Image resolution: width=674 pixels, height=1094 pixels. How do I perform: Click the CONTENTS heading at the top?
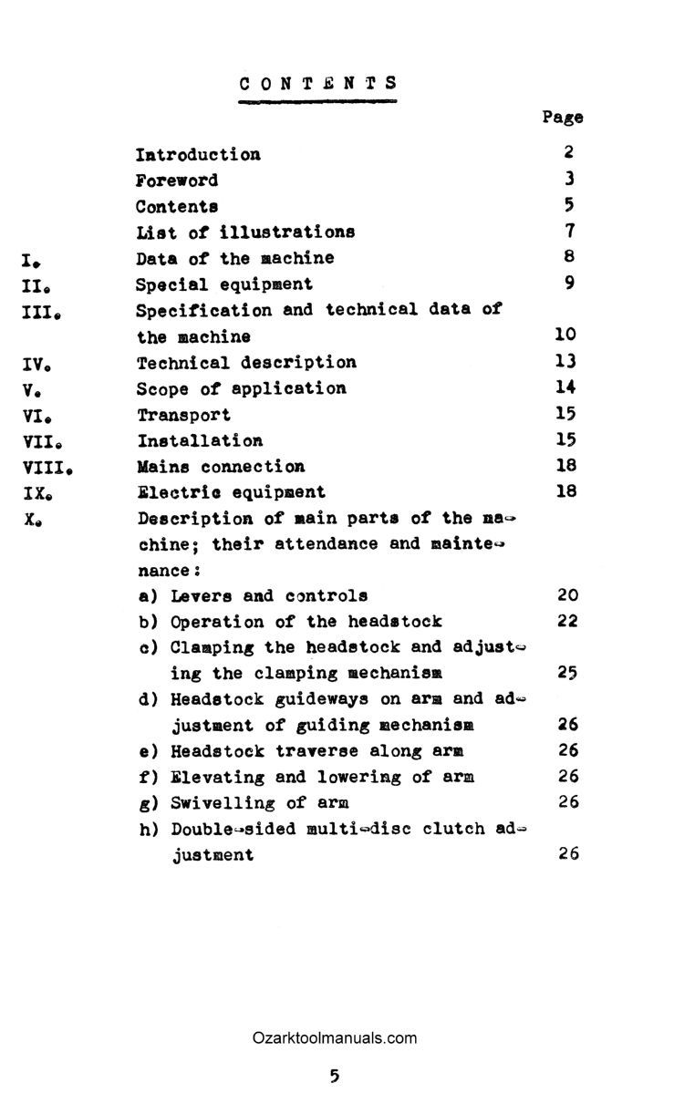318,83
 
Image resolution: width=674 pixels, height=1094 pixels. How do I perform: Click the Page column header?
562,117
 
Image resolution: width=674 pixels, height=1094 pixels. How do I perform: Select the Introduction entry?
198,154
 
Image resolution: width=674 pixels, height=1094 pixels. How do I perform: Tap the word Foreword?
177,181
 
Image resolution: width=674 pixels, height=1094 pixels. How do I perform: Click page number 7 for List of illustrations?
567,232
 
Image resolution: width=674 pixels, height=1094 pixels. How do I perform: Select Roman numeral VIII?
45,468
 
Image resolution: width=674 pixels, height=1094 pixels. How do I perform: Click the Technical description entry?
246,363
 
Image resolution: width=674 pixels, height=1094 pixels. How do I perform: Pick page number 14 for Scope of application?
566,388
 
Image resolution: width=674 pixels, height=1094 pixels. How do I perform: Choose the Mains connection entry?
221,467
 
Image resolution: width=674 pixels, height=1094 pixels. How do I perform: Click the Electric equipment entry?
231,492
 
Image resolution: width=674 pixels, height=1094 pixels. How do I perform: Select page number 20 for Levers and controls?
567,595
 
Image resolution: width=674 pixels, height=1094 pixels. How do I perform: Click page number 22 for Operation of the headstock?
567,621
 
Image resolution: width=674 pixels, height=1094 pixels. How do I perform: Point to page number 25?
567,674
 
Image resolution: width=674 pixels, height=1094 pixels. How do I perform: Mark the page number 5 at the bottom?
334,1076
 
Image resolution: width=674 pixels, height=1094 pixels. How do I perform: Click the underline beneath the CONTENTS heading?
318,101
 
